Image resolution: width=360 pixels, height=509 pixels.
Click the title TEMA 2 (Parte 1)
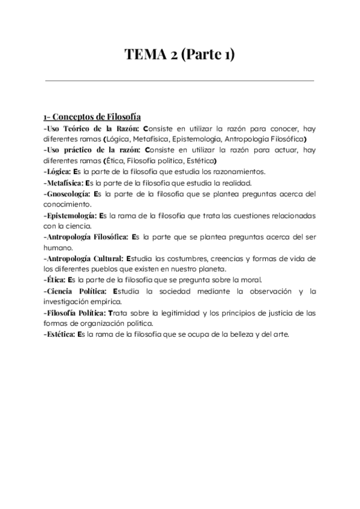coord(179,55)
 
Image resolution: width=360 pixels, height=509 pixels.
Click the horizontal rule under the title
coord(179,80)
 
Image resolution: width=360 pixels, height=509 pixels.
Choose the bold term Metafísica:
coord(63,183)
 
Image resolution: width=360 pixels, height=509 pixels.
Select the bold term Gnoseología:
coord(67,194)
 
